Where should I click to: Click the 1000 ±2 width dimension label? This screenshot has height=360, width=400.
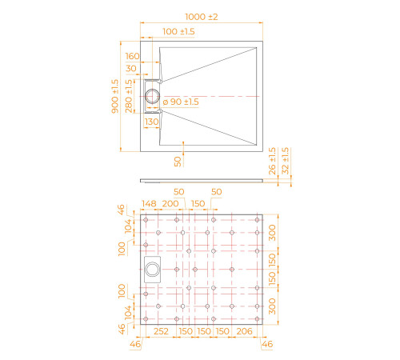coord(202,17)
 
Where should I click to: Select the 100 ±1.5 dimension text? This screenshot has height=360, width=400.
coord(178,31)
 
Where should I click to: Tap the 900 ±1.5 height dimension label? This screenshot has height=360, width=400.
coord(115,96)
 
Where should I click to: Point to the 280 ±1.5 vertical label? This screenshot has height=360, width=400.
coord(129,96)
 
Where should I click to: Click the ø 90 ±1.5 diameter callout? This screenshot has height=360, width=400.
coord(181,102)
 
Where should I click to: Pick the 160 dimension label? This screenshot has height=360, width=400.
coord(133,56)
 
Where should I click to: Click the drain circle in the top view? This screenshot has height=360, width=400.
coord(152,96)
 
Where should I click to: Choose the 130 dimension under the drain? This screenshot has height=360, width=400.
coord(151,122)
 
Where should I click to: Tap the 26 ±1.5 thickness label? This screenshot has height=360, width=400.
coord(272,161)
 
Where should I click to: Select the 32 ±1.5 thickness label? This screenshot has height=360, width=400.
coord(286,161)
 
